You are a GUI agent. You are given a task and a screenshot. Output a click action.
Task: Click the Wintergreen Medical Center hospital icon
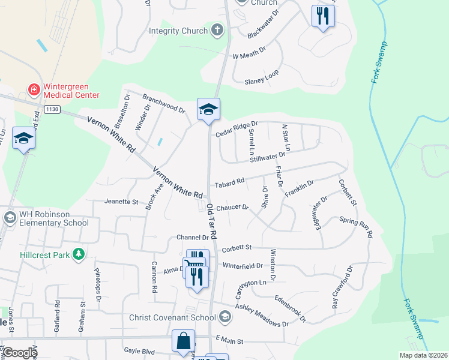pos(34,89)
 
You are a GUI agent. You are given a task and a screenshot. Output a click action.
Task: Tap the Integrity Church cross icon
pos(217,30)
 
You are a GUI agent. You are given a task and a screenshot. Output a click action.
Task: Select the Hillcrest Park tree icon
pos(78,254)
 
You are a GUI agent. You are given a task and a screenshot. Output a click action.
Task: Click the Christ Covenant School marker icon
pos(224,317)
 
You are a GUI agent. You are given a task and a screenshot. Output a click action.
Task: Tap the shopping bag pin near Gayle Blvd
pos(183,341)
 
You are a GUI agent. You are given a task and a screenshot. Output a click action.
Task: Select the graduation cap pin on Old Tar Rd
pos(208,109)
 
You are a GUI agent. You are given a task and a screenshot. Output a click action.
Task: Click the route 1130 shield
pos(52,109)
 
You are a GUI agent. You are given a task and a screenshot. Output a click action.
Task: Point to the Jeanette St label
pos(121,202)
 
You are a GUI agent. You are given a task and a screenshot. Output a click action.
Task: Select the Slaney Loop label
pos(262,77)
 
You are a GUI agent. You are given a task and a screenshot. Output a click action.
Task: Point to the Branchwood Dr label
pos(163,103)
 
